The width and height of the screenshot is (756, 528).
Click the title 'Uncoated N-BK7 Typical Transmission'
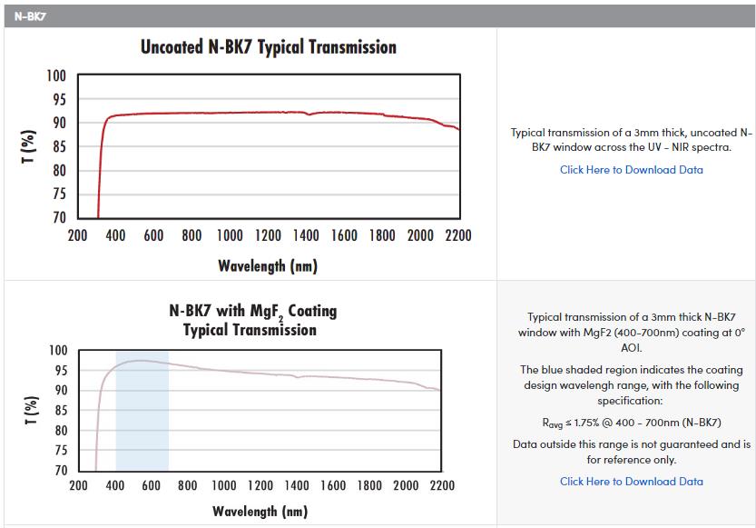269,46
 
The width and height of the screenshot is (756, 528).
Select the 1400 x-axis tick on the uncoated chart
305,236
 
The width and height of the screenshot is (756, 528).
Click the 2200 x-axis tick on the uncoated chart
457,236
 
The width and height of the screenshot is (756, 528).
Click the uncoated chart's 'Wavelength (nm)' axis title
268,265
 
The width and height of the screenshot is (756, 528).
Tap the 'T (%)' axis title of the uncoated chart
30,146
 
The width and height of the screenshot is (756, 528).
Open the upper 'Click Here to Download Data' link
631,170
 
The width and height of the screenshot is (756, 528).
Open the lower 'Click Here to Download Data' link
631,482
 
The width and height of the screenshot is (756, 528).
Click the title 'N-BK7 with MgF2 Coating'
252,312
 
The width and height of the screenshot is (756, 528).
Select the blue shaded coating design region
142,409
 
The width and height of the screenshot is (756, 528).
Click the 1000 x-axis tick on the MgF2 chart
223,486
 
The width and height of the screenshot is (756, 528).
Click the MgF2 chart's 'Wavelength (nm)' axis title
260,512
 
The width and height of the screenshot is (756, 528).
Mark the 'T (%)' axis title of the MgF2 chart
33,411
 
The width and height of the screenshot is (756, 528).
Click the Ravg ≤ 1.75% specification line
631,423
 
